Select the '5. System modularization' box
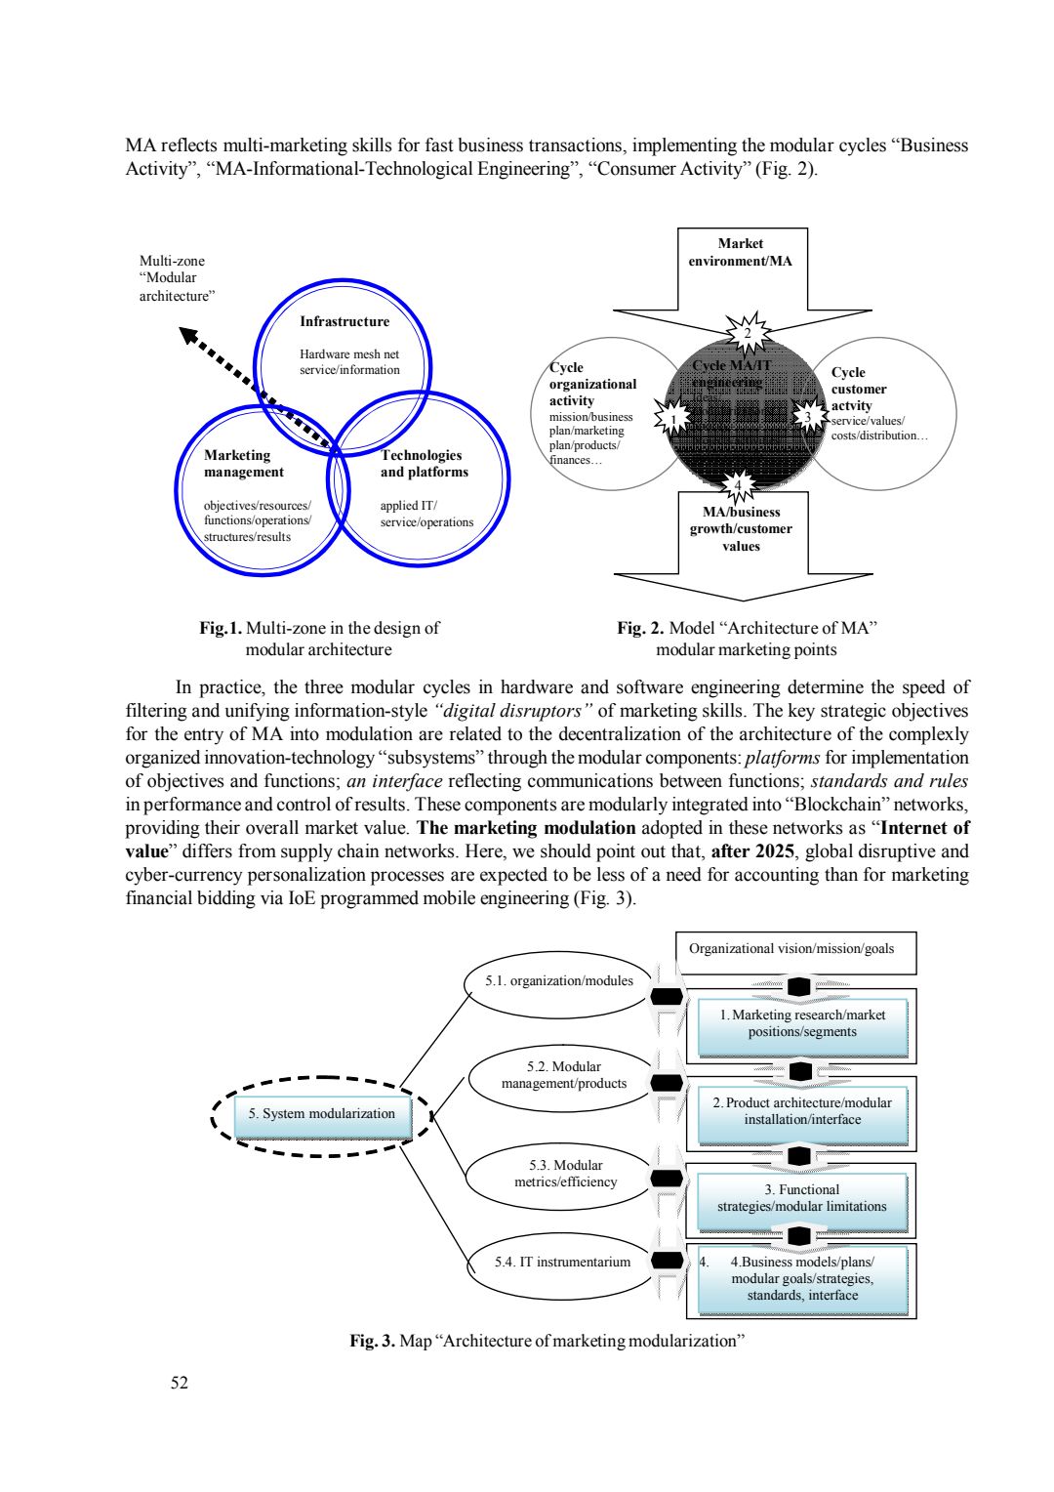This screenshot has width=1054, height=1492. click(x=322, y=1114)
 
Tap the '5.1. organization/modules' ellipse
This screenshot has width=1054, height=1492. click(x=559, y=981)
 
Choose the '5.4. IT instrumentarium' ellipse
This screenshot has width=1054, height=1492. click(x=562, y=1262)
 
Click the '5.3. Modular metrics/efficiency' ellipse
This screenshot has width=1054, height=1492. click(x=559, y=1174)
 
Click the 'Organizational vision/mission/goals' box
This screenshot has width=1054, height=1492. click(x=795, y=949)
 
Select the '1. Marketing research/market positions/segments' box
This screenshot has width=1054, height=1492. click(x=802, y=1024)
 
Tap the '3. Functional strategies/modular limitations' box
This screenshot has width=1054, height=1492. click(x=802, y=1198)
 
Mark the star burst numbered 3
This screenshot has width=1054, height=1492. click(x=808, y=418)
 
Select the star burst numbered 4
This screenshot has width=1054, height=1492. click(x=739, y=485)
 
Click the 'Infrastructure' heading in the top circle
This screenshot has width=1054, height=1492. click(x=344, y=321)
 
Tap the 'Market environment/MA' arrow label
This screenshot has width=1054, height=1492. click(x=741, y=252)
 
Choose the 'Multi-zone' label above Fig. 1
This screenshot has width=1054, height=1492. click(x=172, y=261)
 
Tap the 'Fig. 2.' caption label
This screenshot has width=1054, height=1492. click(x=640, y=628)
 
